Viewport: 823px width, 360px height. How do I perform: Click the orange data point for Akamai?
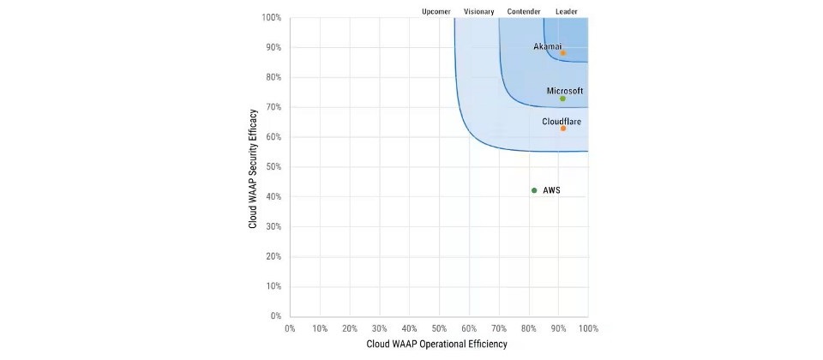pyautogui.click(x=562, y=53)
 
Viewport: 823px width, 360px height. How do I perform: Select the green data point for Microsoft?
pyautogui.click(x=562, y=99)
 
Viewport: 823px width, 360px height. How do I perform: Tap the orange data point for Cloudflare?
pyautogui.click(x=562, y=129)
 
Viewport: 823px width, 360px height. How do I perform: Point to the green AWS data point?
pyautogui.click(x=534, y=190)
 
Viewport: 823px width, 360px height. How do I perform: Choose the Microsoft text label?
pyautogui.click(x=565, y=90)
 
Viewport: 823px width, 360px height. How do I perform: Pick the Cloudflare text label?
pyautogui.click(x=562, y=121)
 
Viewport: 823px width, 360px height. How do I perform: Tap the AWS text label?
pyautogui.click(x=552, y=190)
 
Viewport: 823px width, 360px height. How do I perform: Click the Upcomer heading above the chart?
pyautogui.click(x=437, y=11)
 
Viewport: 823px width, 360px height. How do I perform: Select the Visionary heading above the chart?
pyautogui.click(x=479, y=11)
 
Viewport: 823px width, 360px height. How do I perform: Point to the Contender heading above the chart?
pyautogui.click(x=524, y=11)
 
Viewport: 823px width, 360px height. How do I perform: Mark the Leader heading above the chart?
pyautogui.click(x=567, y=11)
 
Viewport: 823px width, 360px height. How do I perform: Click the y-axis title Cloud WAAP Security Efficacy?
pyautogui.click(x=254, y=168)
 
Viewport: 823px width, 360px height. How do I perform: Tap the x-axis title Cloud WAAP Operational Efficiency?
pyautogui.click(x=437, y=345)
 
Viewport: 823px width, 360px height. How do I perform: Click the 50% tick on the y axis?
pyautogui.click(x=272, y=167)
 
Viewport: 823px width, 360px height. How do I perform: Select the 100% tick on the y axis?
pyautogui.click(x=270, y=17)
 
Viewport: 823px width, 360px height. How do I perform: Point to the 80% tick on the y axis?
pyautogui.click(x=272, y=77)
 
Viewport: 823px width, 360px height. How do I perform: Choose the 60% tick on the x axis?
pyautogui.click(x=469, y=328)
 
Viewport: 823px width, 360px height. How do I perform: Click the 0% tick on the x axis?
pyautogui.click(x=290, y=328)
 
